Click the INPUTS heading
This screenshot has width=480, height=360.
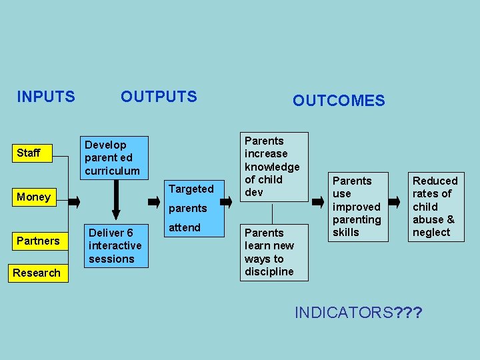point(45,97)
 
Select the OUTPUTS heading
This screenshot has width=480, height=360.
point(159,97)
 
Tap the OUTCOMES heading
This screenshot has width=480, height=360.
point(339,101)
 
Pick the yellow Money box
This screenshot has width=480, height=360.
point(33,197)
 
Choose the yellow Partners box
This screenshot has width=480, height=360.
point(38,241)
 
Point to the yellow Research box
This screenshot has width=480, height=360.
point(37,273)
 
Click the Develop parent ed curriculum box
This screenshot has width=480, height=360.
point(113,158)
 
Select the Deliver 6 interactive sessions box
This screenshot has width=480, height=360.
point(115,246)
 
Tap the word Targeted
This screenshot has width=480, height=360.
point(191,189)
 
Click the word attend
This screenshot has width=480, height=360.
point(185,227)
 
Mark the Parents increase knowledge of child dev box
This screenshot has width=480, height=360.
point(273,167)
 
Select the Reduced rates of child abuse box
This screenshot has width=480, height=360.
point(435,207)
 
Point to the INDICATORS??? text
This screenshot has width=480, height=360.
point(359,312)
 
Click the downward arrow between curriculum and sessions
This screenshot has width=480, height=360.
point(116,199)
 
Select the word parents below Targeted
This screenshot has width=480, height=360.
point(188,209)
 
